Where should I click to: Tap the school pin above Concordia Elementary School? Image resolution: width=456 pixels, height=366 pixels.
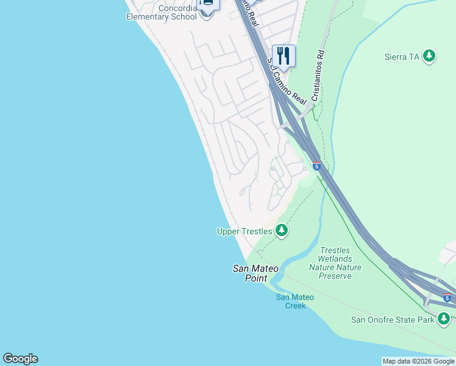click(208, 4)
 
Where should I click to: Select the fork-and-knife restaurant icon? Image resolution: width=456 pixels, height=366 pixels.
click(283, 56)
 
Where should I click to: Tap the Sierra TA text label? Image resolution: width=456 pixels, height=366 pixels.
click(402, 57)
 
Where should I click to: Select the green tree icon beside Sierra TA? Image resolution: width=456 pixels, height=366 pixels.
click(430, 56)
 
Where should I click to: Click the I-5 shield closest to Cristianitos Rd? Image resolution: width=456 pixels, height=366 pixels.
click(316, 165)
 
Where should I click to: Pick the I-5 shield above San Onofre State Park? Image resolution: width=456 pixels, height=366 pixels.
click(447, 298)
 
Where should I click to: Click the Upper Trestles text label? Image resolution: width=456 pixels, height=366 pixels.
click(245, 231)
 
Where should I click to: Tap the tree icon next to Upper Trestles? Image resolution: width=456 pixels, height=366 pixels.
click(281, 231)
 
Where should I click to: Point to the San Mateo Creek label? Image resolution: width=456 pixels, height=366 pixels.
click(294, 301)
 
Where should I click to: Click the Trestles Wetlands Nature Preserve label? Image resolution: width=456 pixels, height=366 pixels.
click(335, 263)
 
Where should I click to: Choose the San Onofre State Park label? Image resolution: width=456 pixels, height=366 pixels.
click(393, 319)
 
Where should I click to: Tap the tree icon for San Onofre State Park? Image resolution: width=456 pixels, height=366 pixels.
click(444, 318)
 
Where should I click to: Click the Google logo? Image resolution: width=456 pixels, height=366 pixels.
click(20, 359)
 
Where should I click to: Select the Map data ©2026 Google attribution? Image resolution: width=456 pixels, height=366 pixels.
click(418, 361)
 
